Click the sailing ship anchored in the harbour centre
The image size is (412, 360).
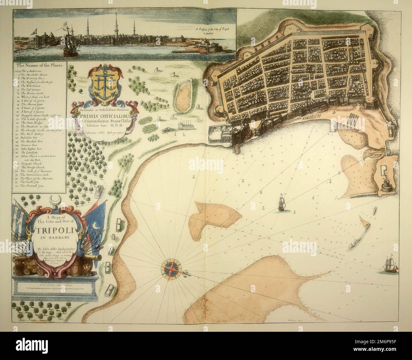point(281,203)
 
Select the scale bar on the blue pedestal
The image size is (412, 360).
point(51,287)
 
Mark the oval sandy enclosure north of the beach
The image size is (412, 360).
point(182,96)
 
